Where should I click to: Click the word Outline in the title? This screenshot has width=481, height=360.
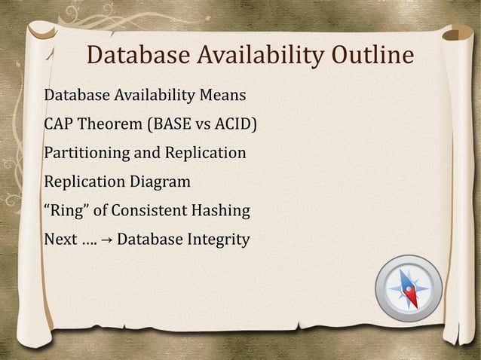pos(371,56)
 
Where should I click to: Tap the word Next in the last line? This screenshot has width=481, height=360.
pos(61,239)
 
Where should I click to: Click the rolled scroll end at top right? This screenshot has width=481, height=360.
pos(458,34)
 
